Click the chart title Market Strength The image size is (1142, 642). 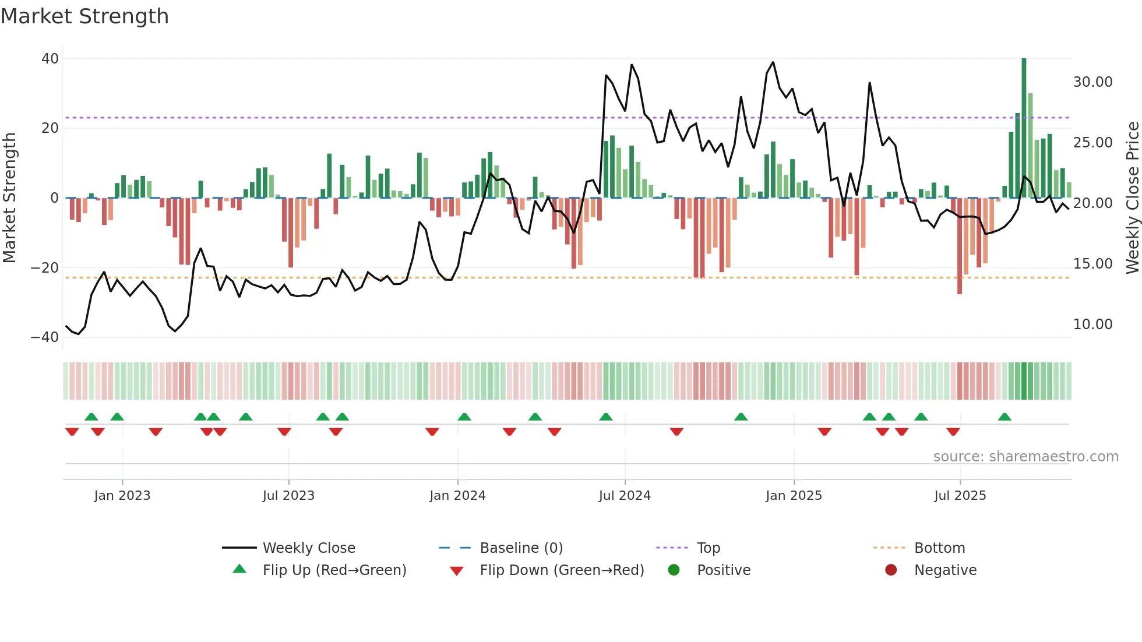[84, 16]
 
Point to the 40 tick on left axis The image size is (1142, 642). [50, 59]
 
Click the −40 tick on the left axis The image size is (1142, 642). [45, 337]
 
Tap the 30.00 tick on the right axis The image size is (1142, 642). [1092, 82]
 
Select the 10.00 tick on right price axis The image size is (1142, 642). [1092, 324]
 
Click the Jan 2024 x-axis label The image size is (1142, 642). [457, 496]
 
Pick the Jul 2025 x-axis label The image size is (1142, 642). [960, 496]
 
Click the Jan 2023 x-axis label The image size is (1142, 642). [122, 496]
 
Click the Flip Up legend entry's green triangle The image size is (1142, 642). [239, 569]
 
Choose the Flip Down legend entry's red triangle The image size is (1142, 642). [457, 571]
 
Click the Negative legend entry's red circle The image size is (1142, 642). [891, 570]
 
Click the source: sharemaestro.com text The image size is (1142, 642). [1025, 457]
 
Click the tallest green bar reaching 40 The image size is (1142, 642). [1024, 128]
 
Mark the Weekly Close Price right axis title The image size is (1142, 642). [1132, 198]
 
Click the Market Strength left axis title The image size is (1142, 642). [9, 198]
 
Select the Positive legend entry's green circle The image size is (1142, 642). [674, 570]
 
